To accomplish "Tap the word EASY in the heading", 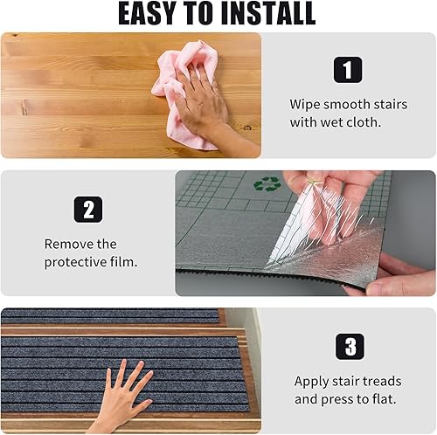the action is click(x=147, y=14).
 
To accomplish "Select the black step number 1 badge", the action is click(x=348, y=70).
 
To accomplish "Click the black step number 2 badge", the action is click(x=88, y=210).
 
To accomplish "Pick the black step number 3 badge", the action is click(x=350, y=347).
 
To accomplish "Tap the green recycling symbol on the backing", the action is click(x=267, y=183).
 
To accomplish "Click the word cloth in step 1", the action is click(x=364, y=122).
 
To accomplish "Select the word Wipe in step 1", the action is click(x=305, y=105).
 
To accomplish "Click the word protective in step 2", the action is click(x=76, y=262).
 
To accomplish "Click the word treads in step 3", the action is click(x=382, y=382).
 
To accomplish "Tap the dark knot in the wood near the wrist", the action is click(x=247, y=128).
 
